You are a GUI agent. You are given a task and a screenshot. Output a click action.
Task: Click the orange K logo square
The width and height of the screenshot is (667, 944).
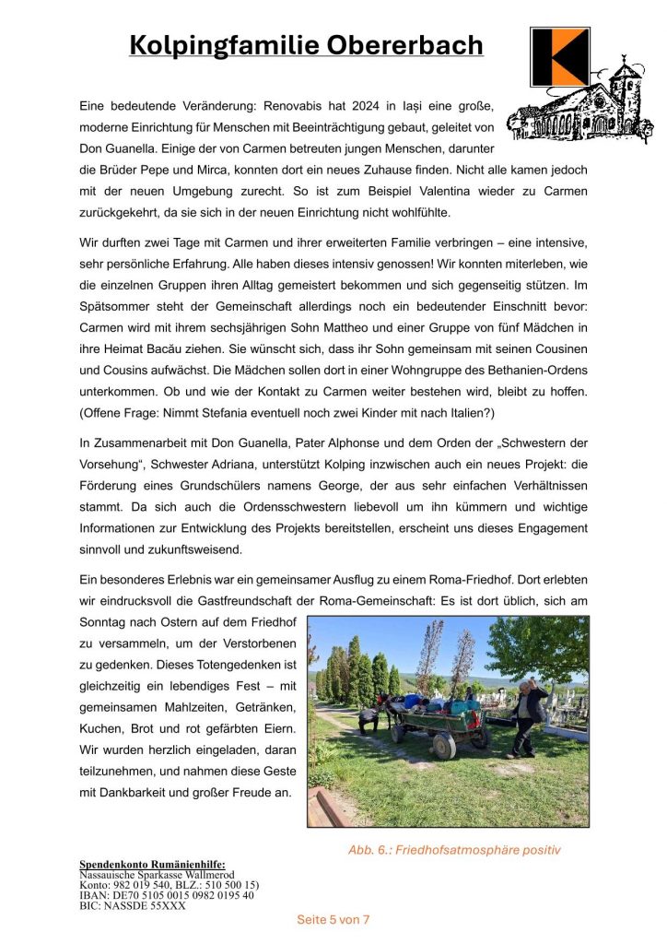(560, 56)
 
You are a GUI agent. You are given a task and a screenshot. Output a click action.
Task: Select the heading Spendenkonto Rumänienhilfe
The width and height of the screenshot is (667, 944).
(146, 864)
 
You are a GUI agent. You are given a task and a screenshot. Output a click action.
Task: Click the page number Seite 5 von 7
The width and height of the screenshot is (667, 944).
(333, 919)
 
